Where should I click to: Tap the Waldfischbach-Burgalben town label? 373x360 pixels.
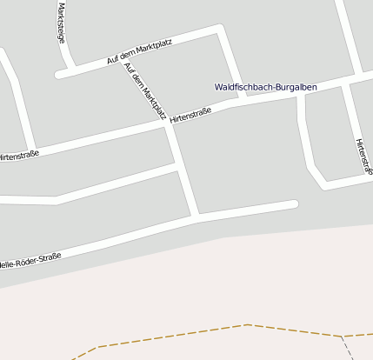(265, 87)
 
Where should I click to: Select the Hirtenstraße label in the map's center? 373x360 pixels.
(190, 114)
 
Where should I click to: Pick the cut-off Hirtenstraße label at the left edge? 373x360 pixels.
(18, 156)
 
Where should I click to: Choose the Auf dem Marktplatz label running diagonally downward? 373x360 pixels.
(144, 90)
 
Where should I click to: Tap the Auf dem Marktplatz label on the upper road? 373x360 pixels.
(139, 53)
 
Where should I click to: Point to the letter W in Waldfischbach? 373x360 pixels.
(218, 87)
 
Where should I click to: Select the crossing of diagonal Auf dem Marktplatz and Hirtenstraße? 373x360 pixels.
(168, 124)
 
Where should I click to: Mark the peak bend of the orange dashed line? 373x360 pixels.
(247, 324)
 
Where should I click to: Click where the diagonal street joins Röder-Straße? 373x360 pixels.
(198, 217)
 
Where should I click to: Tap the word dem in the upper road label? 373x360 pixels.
(133, 55)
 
